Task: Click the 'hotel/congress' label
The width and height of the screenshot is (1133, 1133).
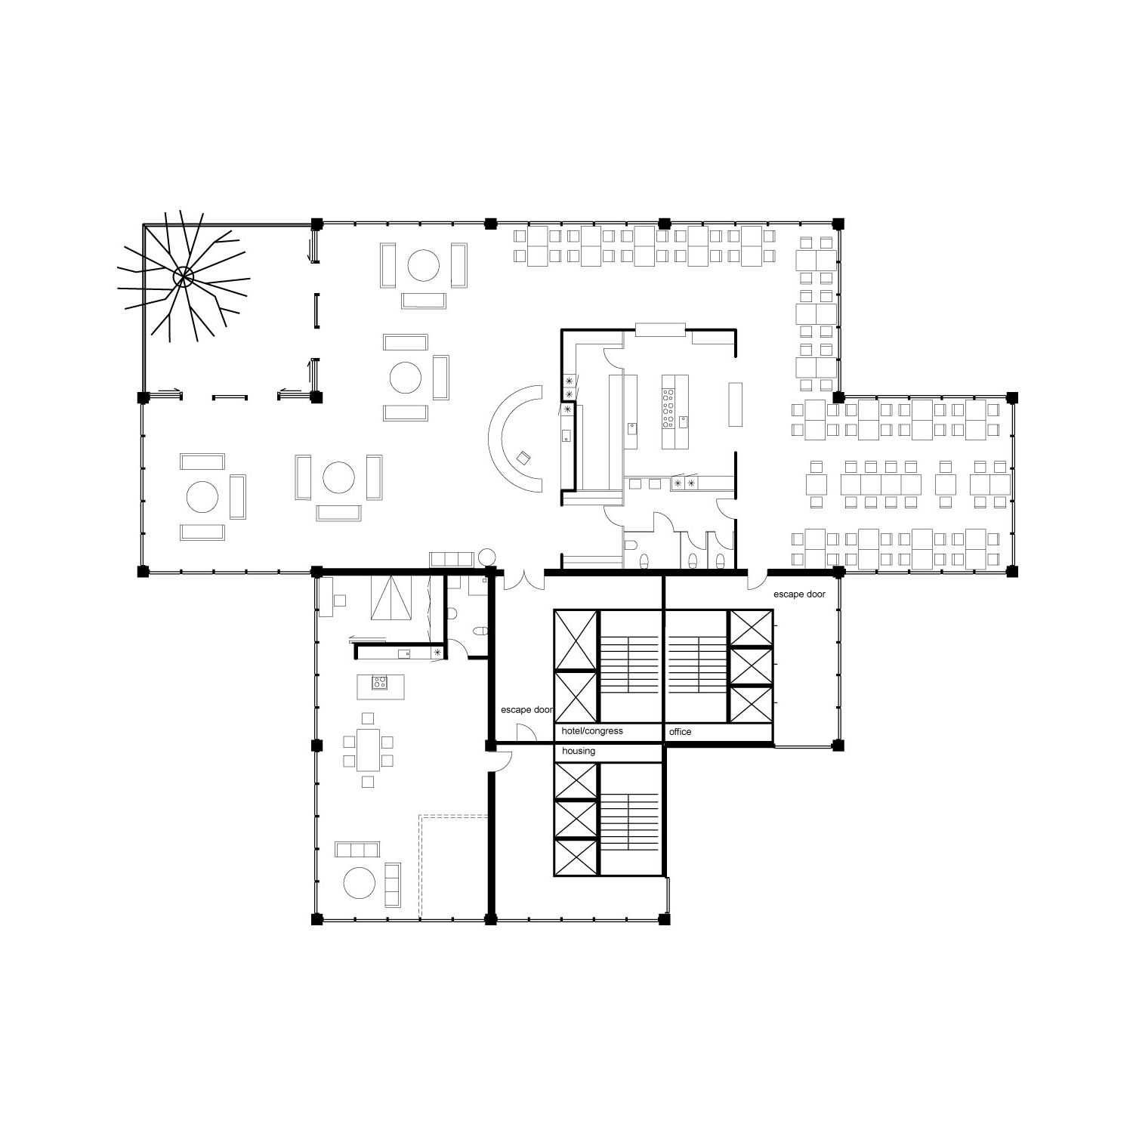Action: point(592,731)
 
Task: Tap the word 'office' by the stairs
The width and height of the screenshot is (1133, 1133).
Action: point(680,732)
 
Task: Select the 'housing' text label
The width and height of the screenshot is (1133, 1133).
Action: point(579,751)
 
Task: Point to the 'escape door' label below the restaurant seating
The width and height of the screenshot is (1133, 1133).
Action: point(799,594)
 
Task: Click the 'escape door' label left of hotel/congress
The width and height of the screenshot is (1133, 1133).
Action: point(527,710)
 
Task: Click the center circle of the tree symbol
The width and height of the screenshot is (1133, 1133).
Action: point(183,276)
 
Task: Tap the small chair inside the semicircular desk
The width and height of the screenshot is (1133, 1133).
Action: point(523,457)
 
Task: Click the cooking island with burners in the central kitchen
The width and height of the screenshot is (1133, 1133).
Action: point(676,411)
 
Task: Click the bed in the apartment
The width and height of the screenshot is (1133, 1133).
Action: point(391,598)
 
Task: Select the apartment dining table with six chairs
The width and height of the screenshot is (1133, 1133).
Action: point(369,749)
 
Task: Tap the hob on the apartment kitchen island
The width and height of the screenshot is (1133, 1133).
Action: point(379,683)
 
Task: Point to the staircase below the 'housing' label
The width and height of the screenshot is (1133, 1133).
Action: point(630,820)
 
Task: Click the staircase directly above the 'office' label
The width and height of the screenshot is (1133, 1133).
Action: point(695,665)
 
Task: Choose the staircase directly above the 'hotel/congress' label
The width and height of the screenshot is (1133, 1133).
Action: point(629,665)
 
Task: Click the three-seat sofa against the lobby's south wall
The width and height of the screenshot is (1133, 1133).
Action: point(451,560)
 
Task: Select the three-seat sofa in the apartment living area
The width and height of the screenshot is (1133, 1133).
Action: point(358,850)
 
